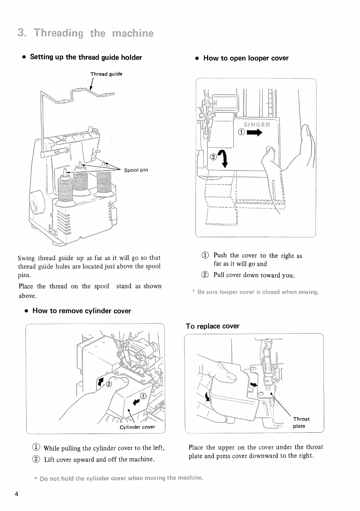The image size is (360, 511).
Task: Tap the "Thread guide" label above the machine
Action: (106, 74)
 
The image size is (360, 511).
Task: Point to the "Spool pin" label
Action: (136, 170)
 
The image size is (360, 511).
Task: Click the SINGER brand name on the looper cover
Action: (257, 125)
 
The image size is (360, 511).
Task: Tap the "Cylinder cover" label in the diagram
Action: (137, 427)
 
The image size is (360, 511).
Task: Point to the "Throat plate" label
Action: (301, 422)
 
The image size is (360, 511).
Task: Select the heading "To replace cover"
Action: (213, 326)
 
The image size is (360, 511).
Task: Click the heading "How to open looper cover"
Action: (245, 58)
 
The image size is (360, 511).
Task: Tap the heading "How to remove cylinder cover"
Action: (82, 311)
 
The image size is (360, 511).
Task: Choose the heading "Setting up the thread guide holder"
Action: (86, 57)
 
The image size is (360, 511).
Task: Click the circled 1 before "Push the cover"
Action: (205, 255)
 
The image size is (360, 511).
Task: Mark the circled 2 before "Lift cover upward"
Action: (36, 459)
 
